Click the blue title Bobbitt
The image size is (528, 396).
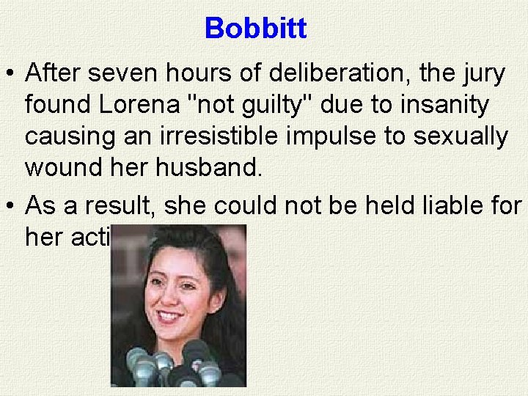pos(256,29)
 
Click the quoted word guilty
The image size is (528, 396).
pos(268,105)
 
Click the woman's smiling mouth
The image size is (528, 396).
pos(169,316)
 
